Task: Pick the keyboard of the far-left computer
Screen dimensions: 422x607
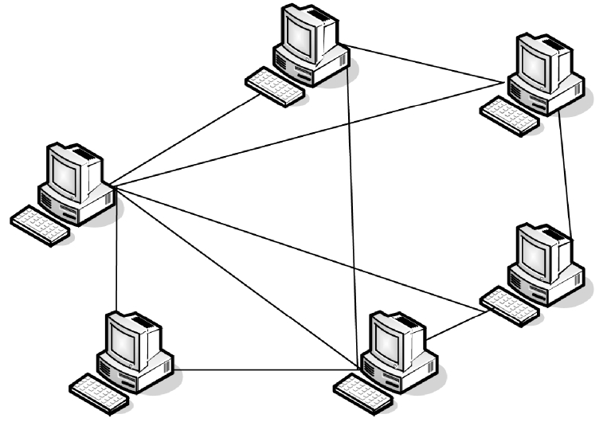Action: click(x=41, y=225)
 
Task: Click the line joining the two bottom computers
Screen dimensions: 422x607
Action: click(x=263, y=369)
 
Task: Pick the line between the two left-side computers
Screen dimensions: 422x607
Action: click(x=117, y=255)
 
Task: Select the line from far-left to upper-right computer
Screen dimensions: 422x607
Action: click(x=311, y=132)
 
